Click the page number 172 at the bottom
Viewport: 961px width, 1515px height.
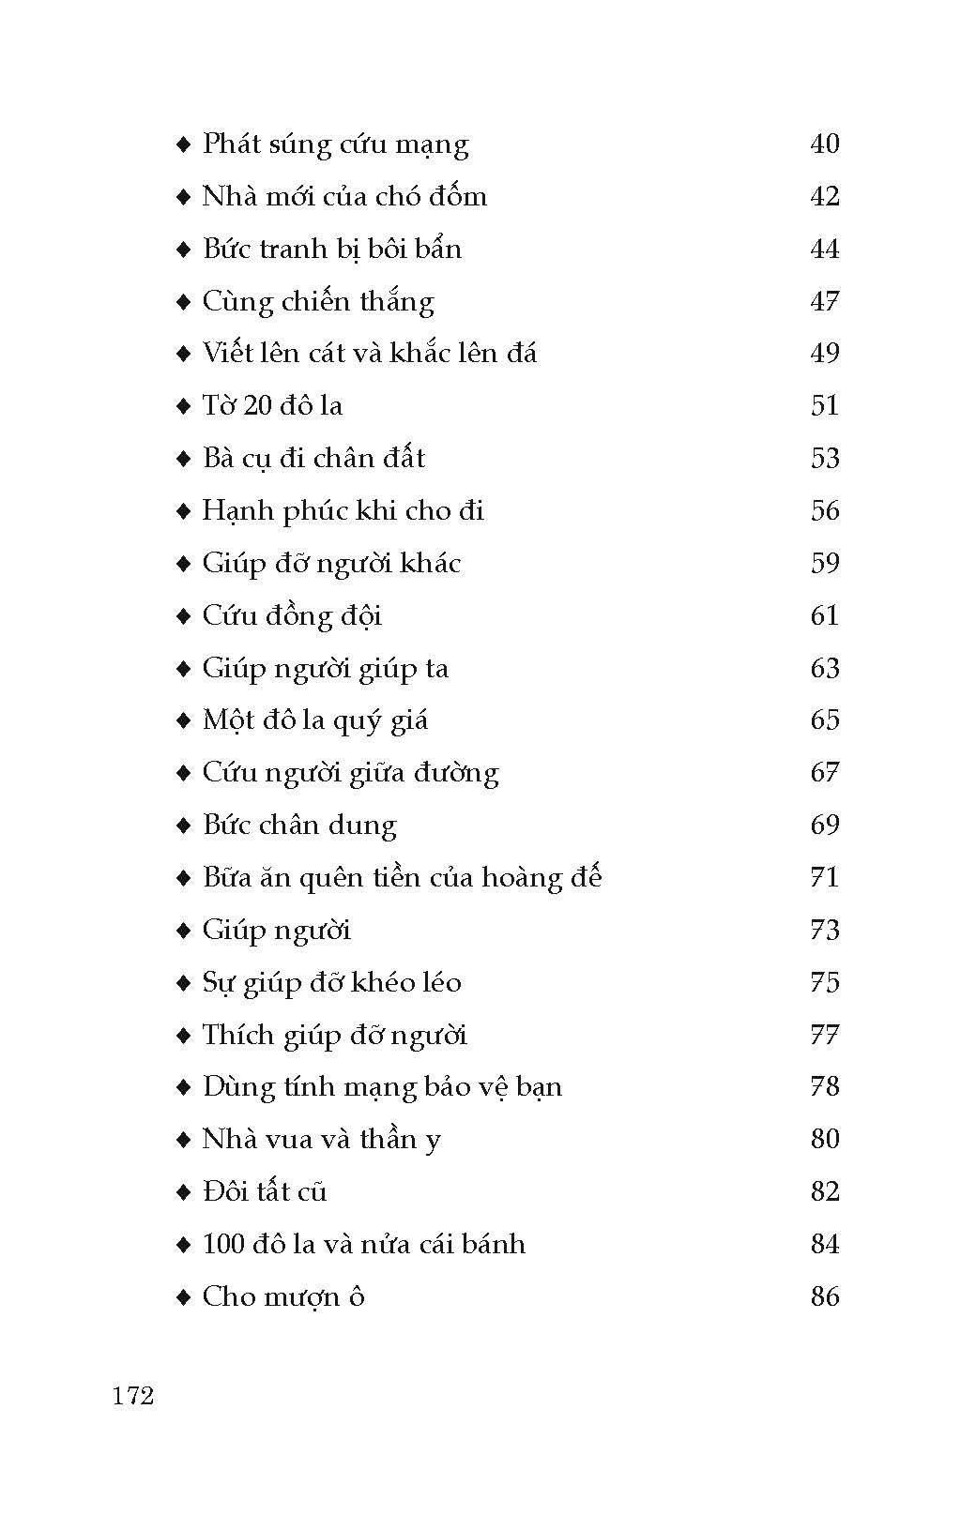tap(132, 1396)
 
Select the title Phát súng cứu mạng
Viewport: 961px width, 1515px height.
tap(335, 144)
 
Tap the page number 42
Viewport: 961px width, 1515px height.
tap(824, 196)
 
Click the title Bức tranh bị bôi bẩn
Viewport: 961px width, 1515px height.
tap(332, 249)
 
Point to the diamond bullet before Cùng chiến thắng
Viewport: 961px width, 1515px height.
tap(183, 302)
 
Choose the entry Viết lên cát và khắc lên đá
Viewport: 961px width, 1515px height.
tap(370, 354)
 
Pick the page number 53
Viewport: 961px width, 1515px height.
tap(824, 459)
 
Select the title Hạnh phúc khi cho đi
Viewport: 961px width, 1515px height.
tap(343, 511)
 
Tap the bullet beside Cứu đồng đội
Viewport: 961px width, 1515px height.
tap(183, 616)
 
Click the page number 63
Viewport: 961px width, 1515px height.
tap(824, 668)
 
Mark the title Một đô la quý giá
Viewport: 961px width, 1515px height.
tap(315, 720)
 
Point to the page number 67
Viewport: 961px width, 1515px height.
tap(824, 773)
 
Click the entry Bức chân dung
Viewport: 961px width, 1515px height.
tap(299, 826)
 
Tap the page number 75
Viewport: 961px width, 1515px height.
tap(824, 982)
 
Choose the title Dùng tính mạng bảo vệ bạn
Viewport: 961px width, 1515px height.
tap(382, 1087)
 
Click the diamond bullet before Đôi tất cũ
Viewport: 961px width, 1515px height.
tap(183, 1192)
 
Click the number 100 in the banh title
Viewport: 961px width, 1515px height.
tap(222, 1245)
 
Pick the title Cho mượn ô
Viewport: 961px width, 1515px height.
tap(283, 1297)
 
